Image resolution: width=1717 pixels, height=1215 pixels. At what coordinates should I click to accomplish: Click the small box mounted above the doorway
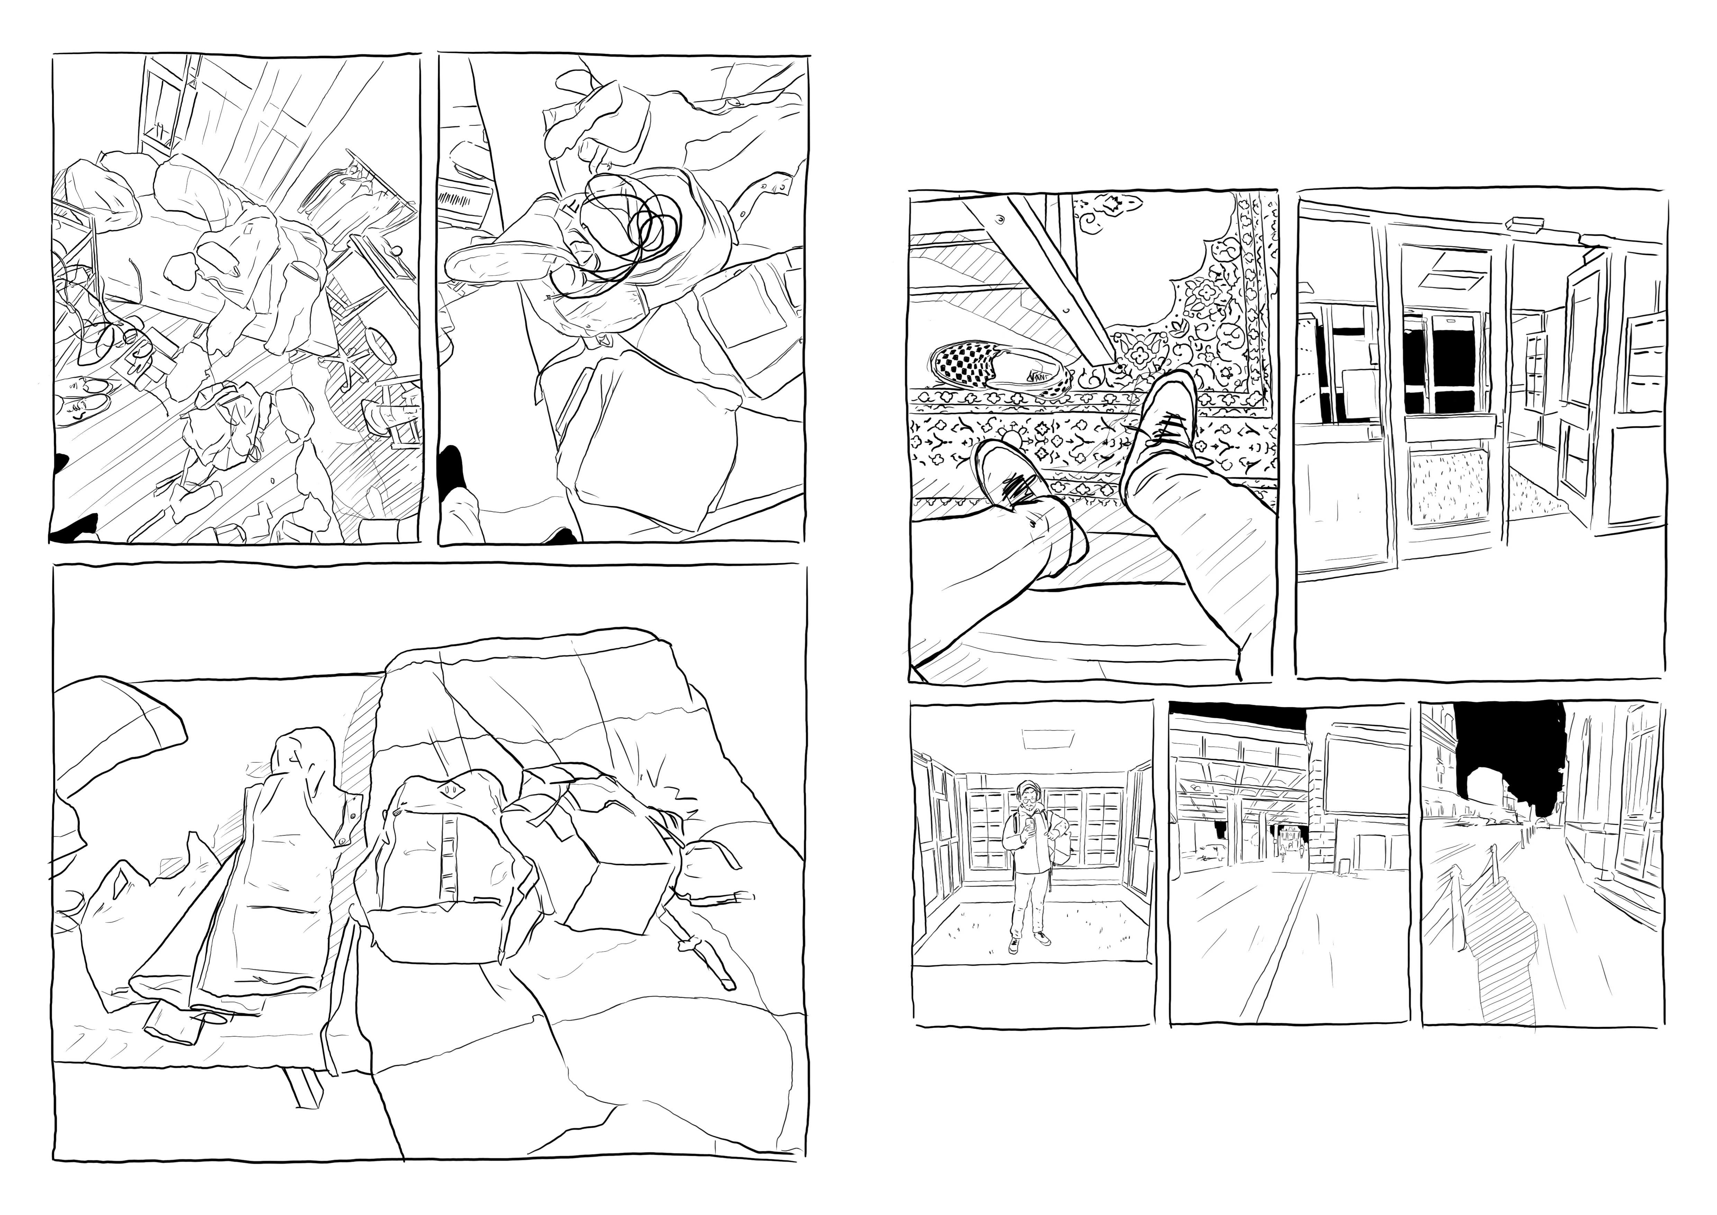coord(1526,222)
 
